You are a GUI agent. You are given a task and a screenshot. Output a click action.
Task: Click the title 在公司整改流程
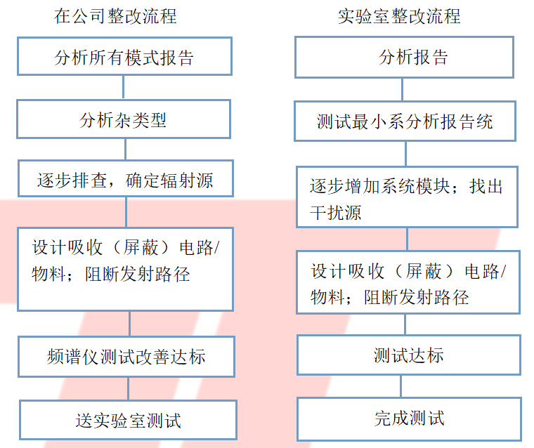(x=115, y=16)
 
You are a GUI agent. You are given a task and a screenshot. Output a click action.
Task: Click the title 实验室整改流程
(x=399, y=16)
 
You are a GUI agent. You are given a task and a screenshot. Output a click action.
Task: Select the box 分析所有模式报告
(x=124, y=56)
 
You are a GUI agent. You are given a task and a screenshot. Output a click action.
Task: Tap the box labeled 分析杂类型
(x=124, y=119)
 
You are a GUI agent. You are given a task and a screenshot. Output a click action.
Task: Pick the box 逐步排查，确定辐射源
(x=126, y=178)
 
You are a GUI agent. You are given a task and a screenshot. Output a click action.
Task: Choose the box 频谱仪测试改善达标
(x=126, y=357)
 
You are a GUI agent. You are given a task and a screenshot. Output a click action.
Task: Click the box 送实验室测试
(x=128, y=420)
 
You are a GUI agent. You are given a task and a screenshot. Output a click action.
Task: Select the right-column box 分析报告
(x=404, y=57)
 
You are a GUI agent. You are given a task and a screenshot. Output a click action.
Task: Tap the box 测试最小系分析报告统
(x=405, y=121)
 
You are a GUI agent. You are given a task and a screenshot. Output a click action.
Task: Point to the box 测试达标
(x=409, y=355)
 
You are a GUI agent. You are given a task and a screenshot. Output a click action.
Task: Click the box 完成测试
(x=410, y=419)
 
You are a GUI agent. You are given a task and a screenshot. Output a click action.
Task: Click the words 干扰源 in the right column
(x=335, y=213)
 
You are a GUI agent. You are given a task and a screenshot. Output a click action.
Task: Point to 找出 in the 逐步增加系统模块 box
(x=486, y=187)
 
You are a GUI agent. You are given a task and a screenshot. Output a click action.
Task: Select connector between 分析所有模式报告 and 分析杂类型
(x=123, y=88)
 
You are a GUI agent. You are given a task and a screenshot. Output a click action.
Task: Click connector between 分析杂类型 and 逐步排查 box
(x=125, y=149)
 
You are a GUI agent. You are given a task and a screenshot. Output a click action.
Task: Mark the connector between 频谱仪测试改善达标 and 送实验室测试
(x=128, y=389)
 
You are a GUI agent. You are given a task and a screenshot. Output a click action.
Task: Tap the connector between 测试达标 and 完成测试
(x=400, y=386)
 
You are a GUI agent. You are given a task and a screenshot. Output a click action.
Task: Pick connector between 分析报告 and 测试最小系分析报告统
(x=402, y=90)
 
